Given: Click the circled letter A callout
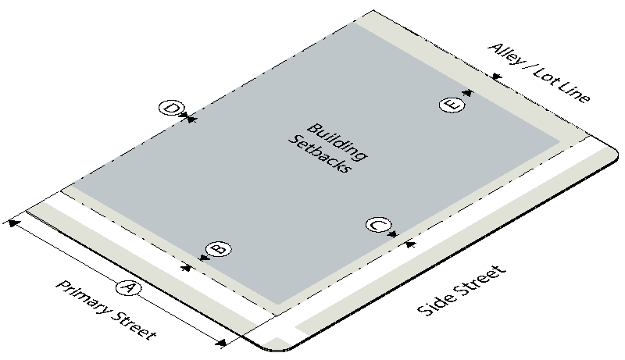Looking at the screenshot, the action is (128, 288).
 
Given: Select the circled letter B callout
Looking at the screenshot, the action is (219, 249).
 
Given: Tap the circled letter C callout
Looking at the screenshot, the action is (378, 226).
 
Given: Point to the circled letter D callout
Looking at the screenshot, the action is (171, 108).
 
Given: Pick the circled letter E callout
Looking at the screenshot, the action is (452, 105).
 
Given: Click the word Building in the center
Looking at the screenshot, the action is (337, 141).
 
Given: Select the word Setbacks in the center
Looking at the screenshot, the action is (320, 154).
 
